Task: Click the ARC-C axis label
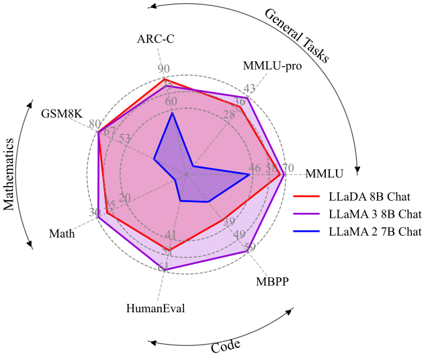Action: coord(155,38)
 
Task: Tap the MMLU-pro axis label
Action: coord(272,66)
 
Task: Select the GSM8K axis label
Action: coord(61,112)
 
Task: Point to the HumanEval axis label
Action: coord(155,308)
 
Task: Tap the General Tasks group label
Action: coord(296,35)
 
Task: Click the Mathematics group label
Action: coord(9,175)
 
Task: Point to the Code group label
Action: coord(226,345)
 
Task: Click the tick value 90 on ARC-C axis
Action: coord(164,69)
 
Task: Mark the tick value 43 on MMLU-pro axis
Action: coord(250,89)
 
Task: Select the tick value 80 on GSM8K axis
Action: coord(95,124)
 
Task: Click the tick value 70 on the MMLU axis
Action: coord(288,168)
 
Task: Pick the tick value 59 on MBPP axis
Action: coord(250,248)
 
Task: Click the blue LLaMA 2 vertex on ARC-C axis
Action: coord(172,113)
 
